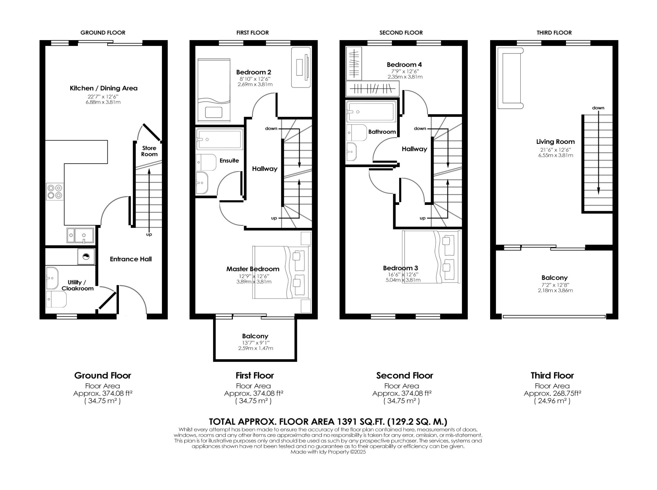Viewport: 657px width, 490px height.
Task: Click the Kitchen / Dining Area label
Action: tap(103, 88)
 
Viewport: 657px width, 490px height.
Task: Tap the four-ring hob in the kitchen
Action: tap(55, 192)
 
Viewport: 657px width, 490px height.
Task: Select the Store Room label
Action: tap(149, 151)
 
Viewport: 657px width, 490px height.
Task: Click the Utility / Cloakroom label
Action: tap(78, 285)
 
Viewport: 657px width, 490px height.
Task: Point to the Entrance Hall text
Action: tap(131, 259)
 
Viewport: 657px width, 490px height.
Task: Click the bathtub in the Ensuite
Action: tap(220, 139)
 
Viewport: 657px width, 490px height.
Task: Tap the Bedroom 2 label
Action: tap(254, 72)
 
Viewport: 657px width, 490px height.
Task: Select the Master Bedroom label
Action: tap(253, 269)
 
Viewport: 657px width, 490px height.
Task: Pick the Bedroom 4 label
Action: tap(404, 64)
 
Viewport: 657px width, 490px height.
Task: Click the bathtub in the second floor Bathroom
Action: tap(371, 111)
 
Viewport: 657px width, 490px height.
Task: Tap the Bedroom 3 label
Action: tap(400, 268)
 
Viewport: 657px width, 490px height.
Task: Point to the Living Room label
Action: tap(555, 142)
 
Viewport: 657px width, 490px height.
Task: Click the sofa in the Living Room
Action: tap(510, 78)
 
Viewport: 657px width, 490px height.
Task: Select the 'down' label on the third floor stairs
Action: tap(598, 108)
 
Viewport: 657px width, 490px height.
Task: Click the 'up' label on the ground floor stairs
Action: tap(149, 234)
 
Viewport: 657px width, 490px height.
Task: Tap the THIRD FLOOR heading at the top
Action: tap(554, 33)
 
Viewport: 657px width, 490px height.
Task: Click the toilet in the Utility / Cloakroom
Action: tap(56, 299)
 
